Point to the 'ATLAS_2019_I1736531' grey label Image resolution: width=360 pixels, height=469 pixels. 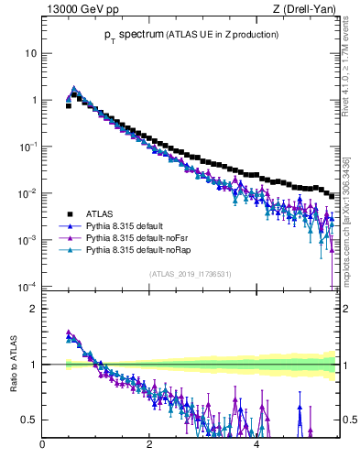[191, 274]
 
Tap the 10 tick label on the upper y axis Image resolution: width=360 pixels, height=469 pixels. [30, 53]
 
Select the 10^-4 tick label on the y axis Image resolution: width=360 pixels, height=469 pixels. [27, 287]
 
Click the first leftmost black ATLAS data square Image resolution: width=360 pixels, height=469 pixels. [68, 105]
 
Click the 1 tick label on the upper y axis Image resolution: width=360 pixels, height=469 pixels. [34, 100]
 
